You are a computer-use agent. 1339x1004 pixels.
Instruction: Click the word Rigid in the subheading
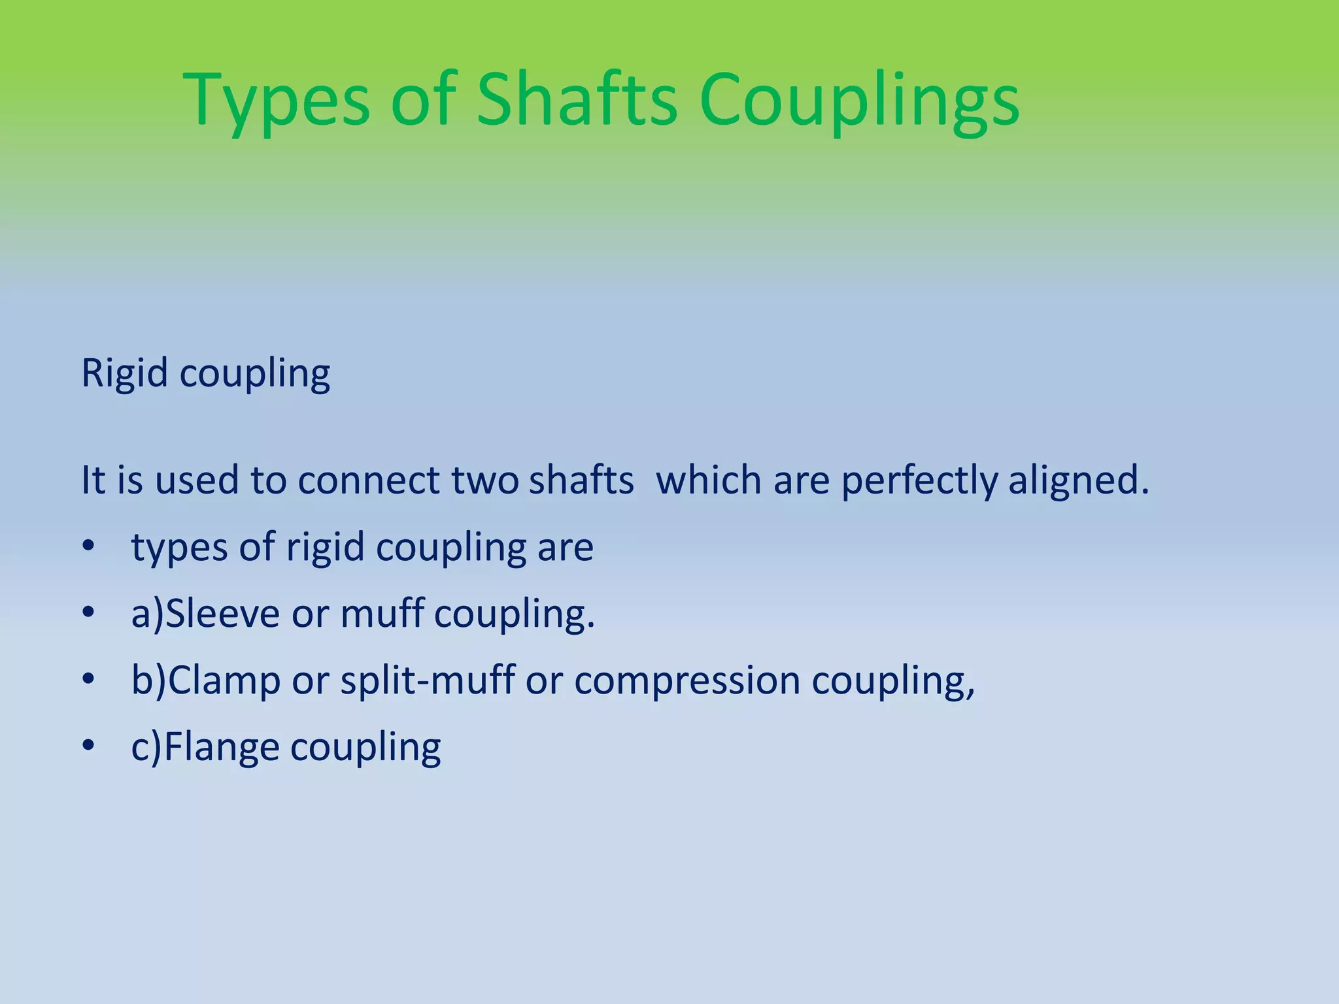124,374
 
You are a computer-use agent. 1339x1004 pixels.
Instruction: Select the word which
709,480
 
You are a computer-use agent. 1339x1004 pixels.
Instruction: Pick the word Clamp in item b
224,681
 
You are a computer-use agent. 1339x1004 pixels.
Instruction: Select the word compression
687,681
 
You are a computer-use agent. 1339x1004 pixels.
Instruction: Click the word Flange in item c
222,748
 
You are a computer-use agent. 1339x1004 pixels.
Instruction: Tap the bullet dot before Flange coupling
88,745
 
